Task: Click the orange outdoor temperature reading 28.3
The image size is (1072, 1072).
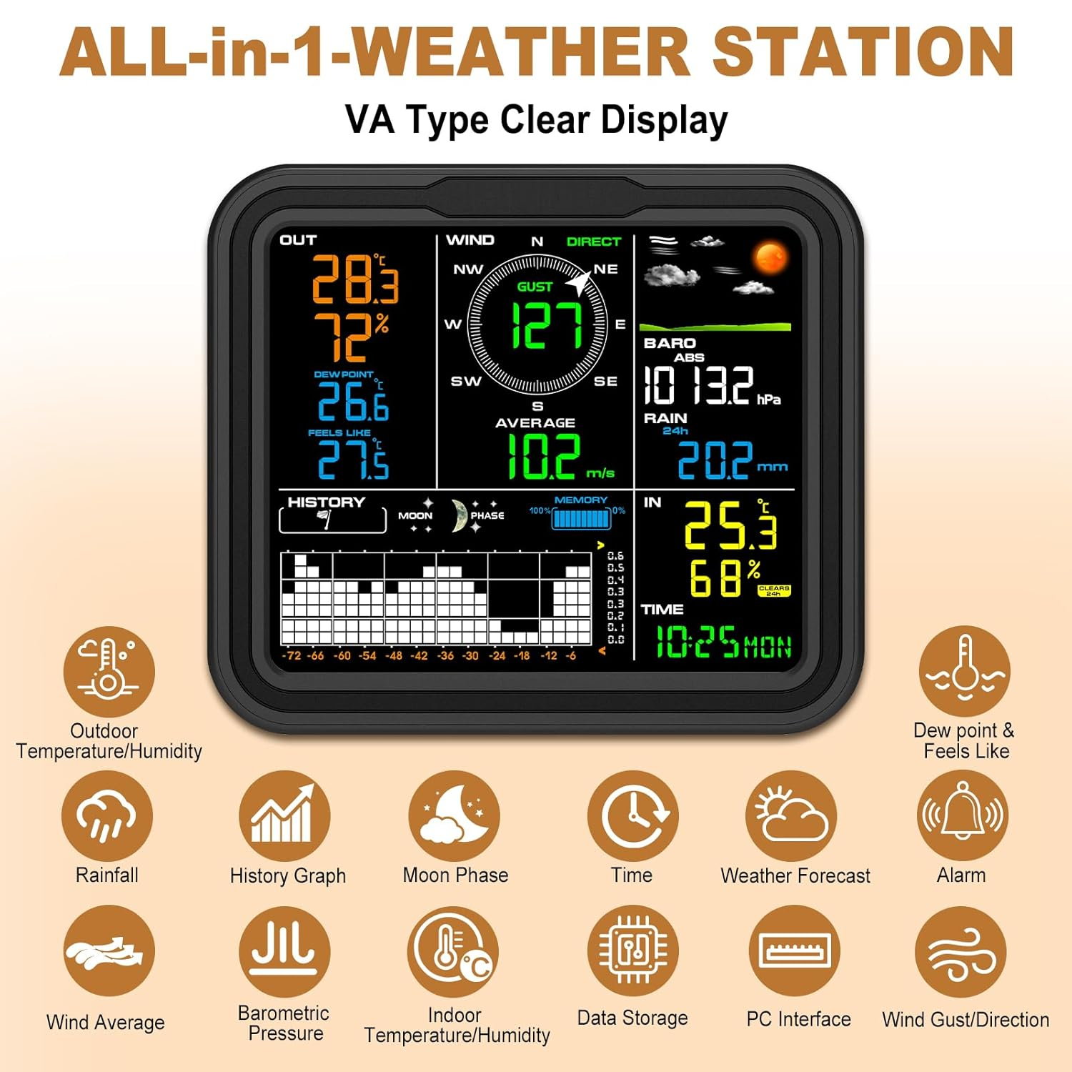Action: click(x=354, y=279)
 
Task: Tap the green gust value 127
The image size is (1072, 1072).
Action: click(x=547, y=325)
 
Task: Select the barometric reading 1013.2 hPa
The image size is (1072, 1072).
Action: click(x=700, y=385)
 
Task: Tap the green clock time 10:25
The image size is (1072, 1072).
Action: click(x=697, y=642)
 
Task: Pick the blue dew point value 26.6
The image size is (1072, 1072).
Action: click(x=353, y=402)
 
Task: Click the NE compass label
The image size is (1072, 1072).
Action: click(x=605, y=269)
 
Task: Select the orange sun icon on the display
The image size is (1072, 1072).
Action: click(x=770, y=257)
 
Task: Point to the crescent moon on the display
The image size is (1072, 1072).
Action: click(x=458, y=516)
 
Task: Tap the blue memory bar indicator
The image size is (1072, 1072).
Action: click(x=581, y=519)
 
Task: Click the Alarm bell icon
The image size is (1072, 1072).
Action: click(x=962, y=815)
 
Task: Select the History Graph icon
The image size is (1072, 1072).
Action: click(x=284, y=815)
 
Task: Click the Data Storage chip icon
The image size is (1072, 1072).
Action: click(x=632, y=951)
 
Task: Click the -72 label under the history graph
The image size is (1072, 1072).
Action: click(x=292, y=655)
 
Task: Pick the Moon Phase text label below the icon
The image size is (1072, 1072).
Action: click(x=455, y=875)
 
